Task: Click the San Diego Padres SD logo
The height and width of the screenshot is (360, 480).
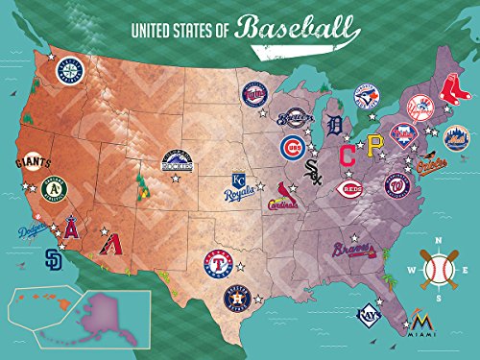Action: (x=57, y=257)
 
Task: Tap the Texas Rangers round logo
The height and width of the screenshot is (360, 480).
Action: (x=219, y=260)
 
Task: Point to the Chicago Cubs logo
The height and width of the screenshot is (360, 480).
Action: (x=293, y=147)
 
